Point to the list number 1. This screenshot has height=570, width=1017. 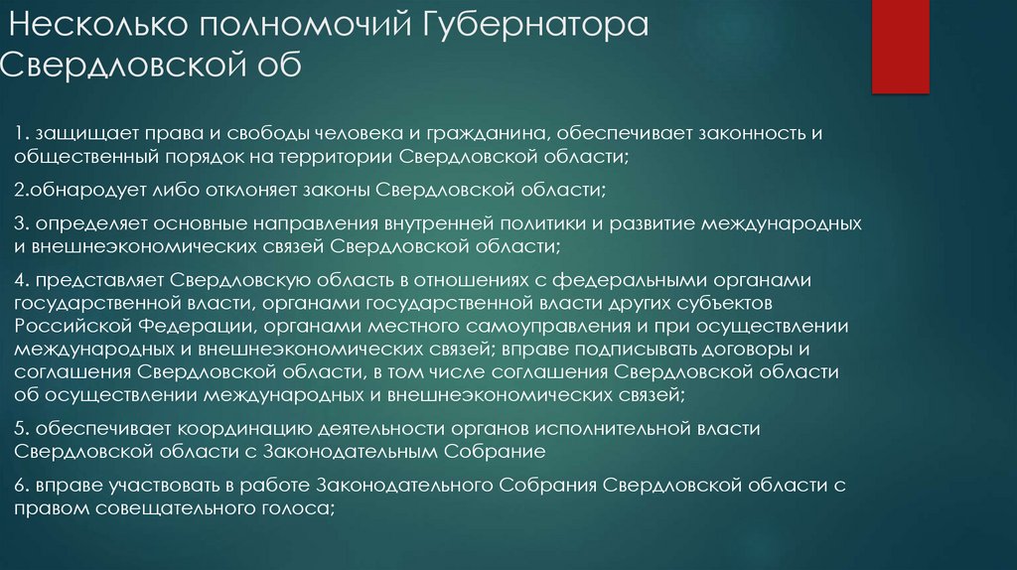pyautogui.click(x=19, y=134)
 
